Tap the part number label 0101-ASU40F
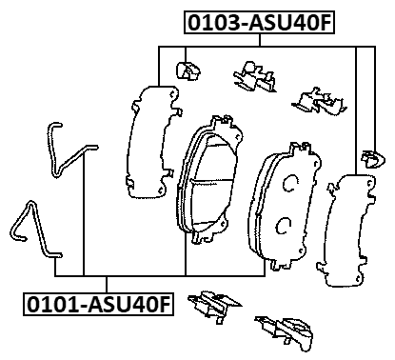click(x=99, y=305)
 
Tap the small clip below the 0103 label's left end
click(x=188, y=69)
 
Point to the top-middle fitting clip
click(x=249, y=76)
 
